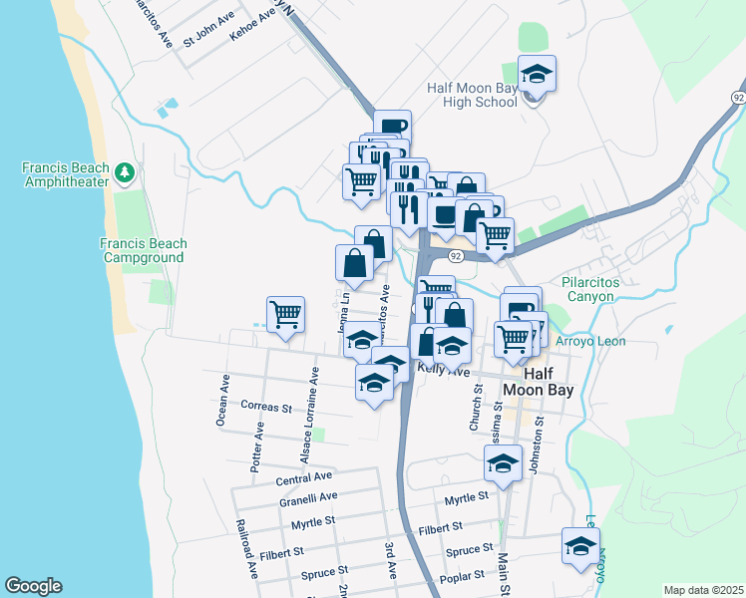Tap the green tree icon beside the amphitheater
click(125, 173)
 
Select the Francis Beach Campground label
click(142, 250)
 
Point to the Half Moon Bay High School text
click(473, 95)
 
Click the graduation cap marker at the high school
click(537, 75)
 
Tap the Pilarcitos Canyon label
click(597, 289)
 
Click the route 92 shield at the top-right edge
click(737, 97)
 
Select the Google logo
click(33, 586)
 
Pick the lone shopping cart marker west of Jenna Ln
click(285, 315)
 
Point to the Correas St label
click(266, 407)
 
